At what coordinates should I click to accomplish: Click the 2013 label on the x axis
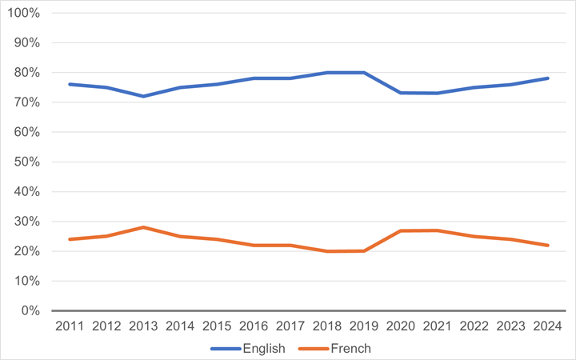coord(144,326)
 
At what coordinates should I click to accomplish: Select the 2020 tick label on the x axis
coord(401,326)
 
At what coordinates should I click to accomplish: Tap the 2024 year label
coord(548,326)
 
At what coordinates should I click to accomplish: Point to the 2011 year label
coord(70,326)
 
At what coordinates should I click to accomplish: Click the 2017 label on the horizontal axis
coord(291,326)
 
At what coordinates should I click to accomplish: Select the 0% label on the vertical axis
coord(33,310)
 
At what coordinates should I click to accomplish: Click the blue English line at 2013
coord(144,96)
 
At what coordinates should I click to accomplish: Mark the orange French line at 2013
coord(144,227)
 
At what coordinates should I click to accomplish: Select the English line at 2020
coord(401,93)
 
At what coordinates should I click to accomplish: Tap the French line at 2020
coord(401,230)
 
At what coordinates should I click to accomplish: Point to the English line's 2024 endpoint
coord(548,78)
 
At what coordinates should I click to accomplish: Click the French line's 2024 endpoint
coord(548,245)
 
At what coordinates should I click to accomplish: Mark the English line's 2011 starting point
coord(70,84)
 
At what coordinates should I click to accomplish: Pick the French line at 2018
coord(327,251)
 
